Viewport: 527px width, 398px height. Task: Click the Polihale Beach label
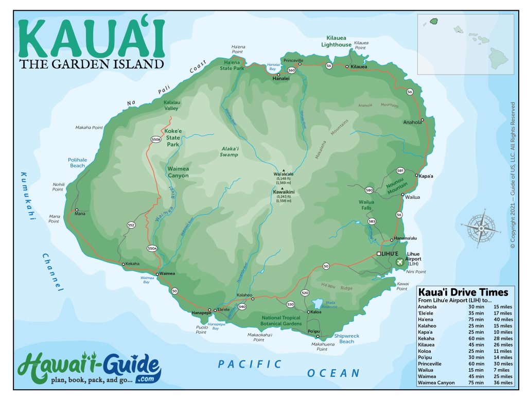77,163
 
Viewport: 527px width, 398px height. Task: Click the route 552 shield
131,225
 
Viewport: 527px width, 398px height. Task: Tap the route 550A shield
152,248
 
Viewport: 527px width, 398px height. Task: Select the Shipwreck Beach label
346,338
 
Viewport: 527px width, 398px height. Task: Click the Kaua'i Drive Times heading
463,292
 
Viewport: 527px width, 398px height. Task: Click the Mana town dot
77,210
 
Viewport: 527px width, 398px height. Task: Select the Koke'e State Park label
173,137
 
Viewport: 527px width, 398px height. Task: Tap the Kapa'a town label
425,176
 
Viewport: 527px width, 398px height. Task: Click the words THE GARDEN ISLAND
92,64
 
